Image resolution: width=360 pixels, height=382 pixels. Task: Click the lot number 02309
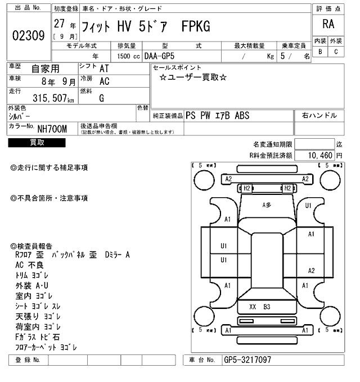pos(28,37)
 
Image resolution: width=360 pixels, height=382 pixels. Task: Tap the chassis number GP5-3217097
pos(247,359)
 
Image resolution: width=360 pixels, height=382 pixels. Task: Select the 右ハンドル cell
pos(319,115)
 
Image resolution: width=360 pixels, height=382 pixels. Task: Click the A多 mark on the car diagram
pos(267,206)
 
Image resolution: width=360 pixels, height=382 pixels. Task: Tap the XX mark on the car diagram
pos(253,307)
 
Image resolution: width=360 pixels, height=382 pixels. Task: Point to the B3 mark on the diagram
pos(267,307)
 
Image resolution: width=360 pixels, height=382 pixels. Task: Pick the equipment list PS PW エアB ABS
pos(217,115)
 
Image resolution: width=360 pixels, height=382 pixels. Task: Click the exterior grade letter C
pos(336,52)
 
